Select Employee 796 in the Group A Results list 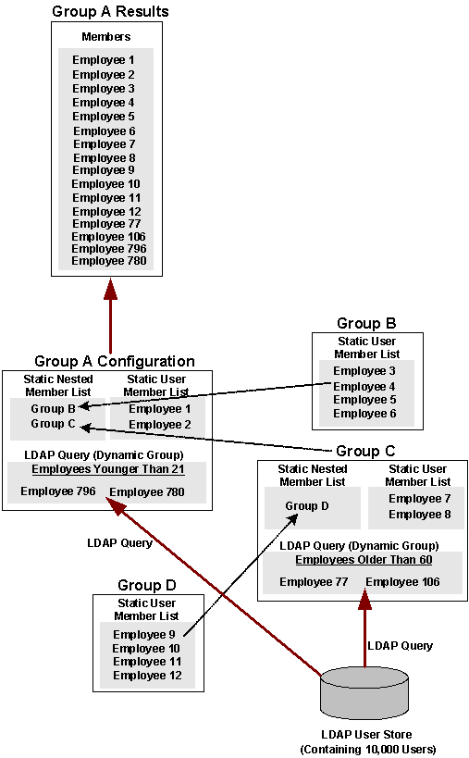coord(109,248)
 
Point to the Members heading coord(106,37)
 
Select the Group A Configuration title coord(115,361)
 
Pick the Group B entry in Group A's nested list coord(47,408)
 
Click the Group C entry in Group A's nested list coord(47,424)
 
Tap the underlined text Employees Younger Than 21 coord(108,469)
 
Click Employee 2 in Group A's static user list coord(154,425)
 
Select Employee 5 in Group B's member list coord(364,400)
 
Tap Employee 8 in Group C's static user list coord(420,515)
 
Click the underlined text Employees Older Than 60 coord(364,560)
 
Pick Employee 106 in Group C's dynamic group coord(402,582)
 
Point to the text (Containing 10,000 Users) coord(368,749)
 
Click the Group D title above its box coord(147,586)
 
